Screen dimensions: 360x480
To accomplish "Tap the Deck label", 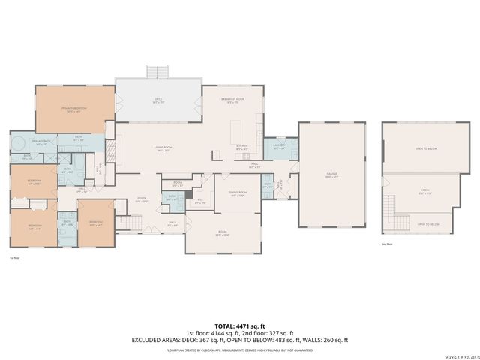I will (158, 100).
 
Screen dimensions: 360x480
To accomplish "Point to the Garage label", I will (331, 174).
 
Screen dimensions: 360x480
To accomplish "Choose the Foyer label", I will (141, 199).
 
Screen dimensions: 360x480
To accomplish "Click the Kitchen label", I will (242, 148).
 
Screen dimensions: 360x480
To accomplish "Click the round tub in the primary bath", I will (17, 142).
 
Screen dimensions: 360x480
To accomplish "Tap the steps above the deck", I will (157, 72).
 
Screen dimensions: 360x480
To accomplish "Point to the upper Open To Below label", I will (425, 148).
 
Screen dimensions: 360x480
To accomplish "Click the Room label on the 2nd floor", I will (424, 191).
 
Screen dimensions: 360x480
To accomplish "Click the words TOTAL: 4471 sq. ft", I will (240, 326).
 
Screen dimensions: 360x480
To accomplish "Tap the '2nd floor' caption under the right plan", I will (387, 244).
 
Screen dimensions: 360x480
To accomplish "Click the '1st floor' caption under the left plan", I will (13, 258).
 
